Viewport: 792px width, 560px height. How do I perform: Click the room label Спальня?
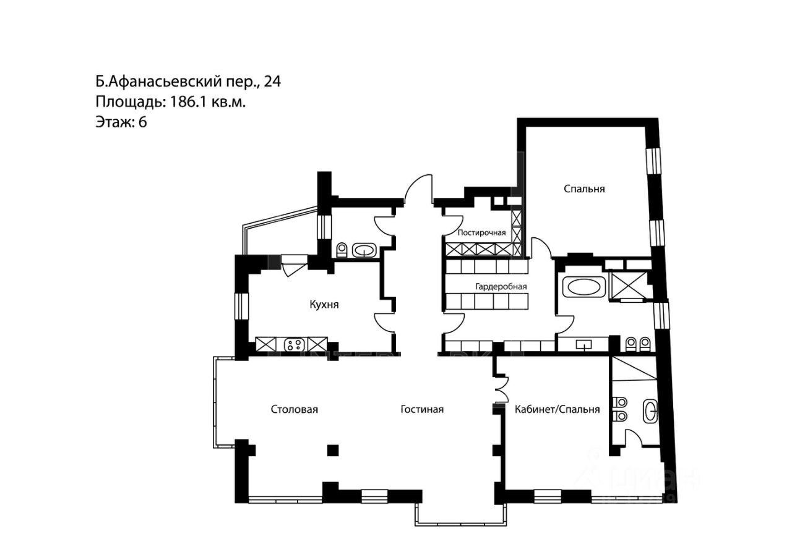583,189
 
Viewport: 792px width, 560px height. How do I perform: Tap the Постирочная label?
481,233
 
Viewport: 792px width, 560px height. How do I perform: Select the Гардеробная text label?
501,286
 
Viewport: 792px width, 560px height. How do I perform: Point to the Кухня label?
324,304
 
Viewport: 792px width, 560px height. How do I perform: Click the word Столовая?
294,409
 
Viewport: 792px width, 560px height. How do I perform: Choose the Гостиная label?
422,409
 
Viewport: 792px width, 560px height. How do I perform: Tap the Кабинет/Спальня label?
557,409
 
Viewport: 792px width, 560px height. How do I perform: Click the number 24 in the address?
273,82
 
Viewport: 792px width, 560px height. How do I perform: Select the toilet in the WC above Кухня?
342,250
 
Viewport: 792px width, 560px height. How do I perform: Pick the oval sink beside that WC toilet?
363,250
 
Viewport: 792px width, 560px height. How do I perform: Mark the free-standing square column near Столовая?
333,450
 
